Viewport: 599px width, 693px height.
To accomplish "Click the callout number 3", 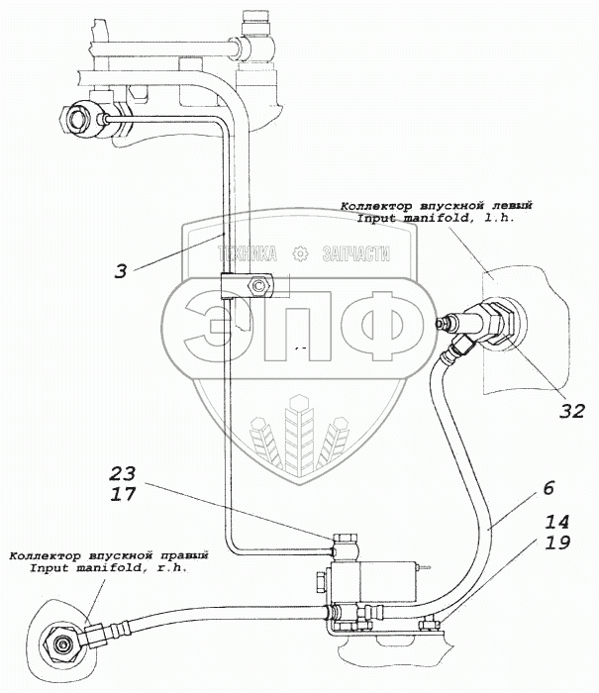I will click(120, 270).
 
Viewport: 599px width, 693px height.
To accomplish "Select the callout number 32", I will click(571, 411).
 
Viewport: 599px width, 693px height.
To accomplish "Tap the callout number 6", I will click(549, 488).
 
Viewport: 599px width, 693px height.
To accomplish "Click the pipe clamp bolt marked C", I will click(259, 287).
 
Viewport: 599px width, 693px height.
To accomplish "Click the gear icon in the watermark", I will click(303, 253).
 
